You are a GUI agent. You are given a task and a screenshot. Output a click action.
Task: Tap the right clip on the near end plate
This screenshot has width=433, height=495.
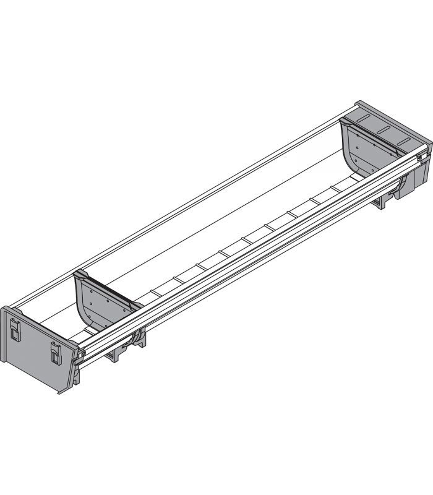click(x=54, y=355)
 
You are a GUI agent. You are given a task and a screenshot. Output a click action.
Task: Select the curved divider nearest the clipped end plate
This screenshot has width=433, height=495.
click(x=99, y=306)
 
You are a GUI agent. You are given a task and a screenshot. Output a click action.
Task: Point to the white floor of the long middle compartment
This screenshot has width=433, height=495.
click(x=235, y=223)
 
